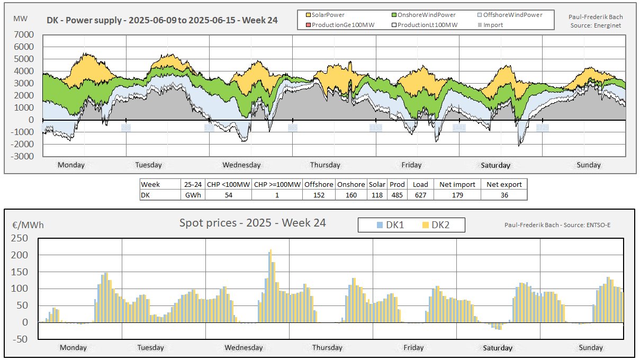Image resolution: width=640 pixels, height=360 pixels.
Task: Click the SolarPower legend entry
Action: pyautogui.click(x=328, y=15)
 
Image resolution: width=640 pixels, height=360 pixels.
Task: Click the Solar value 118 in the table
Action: pyautogui.click(x=377, y=195)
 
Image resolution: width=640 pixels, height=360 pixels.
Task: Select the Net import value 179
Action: pyautogui.click(x=457, y=195)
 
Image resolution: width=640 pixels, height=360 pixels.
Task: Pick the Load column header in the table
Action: pyautogui.click(x=420, y=184)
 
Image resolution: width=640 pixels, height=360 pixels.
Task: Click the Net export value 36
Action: pyautogui.click(x=504, y=195)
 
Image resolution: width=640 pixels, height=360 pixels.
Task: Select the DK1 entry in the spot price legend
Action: pyautogui.click(x=390, y=225)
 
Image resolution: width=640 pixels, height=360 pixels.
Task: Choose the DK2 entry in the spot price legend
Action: pyautogui.click(x=436, y=225)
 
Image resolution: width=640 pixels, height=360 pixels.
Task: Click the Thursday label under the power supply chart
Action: pyautogui.click(x=324, y=165)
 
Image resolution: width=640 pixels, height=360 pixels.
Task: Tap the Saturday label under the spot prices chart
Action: pyautogui.click(x=498, y=348)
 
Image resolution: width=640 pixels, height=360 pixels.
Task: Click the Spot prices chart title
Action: pyautogui.click(x=253, y=222)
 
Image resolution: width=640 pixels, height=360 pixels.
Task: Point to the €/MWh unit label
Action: pyautogui.click(x=29, y=225)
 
